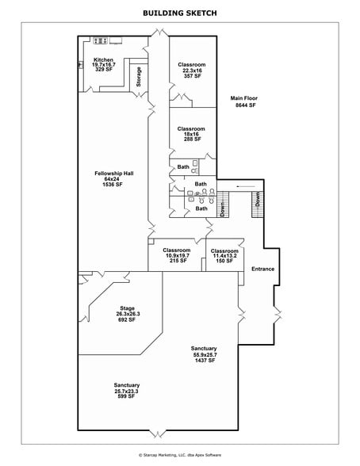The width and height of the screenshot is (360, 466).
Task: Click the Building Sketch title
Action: point(180,13)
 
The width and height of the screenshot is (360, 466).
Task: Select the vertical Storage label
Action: point(140,77)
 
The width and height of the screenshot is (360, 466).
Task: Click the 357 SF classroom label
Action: point(191,70)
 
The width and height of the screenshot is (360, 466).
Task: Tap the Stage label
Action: point(127,312)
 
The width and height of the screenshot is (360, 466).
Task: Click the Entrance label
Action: point(262,269)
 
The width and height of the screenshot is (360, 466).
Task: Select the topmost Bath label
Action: point(183,167)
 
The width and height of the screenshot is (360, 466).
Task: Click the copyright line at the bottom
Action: point(180,456)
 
